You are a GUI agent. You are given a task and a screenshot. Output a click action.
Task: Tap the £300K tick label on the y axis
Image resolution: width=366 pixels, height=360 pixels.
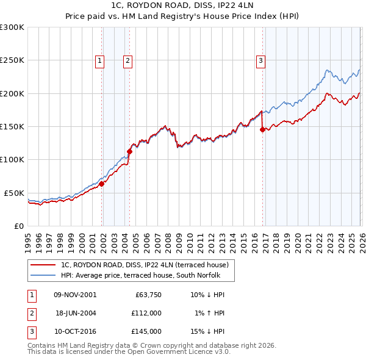[x=12, y=27]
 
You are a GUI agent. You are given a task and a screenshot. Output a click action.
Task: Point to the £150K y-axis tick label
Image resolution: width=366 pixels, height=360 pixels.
[x=12, y=127]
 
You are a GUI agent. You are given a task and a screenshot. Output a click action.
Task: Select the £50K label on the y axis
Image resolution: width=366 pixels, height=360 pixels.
[x=14, y=193]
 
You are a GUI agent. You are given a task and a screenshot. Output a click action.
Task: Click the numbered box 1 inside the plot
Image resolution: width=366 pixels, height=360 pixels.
[x=99, y=60]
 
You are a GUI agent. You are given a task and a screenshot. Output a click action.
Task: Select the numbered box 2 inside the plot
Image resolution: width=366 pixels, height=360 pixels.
[x=127, y=60]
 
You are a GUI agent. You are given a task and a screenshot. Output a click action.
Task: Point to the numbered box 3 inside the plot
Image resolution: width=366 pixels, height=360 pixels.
[x=260, y=60]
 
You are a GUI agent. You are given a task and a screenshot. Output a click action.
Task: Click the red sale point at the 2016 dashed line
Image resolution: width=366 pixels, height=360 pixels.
[x=262, y=129]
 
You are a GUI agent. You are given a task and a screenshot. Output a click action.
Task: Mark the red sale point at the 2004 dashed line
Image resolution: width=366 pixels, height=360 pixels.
[x=129, y=151]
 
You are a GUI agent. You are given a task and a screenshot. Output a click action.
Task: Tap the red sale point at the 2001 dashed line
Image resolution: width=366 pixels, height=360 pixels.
[x=101, y=184]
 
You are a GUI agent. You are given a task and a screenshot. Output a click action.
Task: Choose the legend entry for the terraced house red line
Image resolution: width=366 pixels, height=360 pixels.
[x=145, y=265]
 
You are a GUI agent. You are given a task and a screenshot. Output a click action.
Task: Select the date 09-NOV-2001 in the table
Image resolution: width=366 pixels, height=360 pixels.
[x=75, y=294]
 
